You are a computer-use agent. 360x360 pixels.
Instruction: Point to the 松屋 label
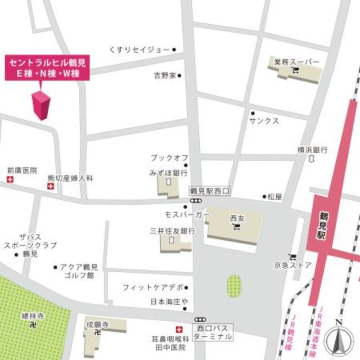[x=274, y=197]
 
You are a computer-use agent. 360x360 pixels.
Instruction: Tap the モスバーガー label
[x=187, y=215]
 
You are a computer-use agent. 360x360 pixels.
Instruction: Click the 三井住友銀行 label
[x=172, y=231]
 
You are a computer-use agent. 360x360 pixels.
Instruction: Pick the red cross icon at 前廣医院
[x=9, y=179]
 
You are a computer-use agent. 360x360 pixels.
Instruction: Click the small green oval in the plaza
[x=233, y=285]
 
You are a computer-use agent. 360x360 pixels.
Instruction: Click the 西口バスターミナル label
[x=212, y=332]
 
